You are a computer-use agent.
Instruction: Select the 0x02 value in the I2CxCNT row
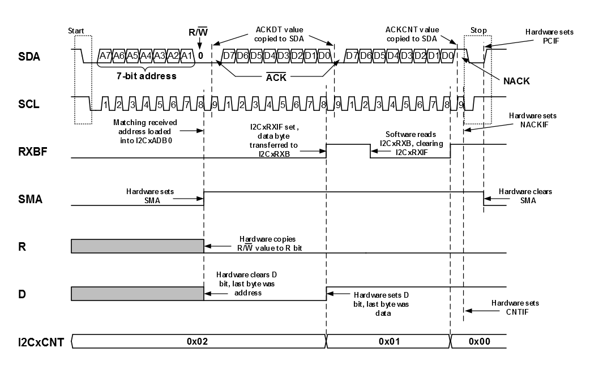(199, 342)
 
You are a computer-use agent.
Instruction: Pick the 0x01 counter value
(388, 342)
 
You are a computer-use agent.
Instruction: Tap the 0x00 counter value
(479, 342)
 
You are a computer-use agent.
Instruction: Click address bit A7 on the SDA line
(105, 56)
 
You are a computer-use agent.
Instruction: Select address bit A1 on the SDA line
(186, 56)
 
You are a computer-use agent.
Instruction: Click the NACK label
(516, 81)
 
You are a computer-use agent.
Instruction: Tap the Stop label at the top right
(478, 30)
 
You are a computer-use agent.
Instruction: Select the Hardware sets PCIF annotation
(549, 36)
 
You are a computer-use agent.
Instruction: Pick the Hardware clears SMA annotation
(525, 196)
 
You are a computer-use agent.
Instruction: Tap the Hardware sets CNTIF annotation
(515, 307)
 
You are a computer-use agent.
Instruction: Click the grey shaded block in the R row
(137, 246)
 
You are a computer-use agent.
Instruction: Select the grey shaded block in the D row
(137, 294)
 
